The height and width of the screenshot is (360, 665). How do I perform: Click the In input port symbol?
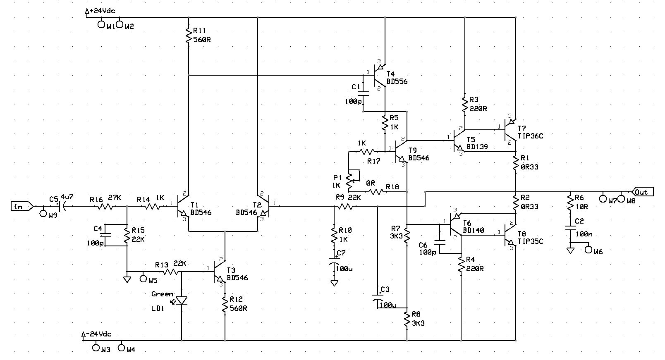tap(22, 206)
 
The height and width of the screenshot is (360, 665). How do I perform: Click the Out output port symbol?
tap(643, 192)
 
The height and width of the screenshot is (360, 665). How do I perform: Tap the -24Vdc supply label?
tap(98, 334)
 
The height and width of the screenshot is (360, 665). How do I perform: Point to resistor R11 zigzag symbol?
tap(188, 36)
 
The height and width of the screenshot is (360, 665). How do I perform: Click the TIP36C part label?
tap(530, 136)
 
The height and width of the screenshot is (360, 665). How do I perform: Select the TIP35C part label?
tap(530, 241)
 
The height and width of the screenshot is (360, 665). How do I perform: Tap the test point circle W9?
tap(43, 213)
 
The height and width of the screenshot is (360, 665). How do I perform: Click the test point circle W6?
tap(588, 250)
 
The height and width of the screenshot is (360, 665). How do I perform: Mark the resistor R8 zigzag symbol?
tap(407, 319)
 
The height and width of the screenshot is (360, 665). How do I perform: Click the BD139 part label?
tap(477, 147)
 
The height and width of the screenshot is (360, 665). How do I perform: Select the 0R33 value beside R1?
tap(529, 167)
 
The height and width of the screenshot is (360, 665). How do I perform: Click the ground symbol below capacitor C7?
tap(334, 283)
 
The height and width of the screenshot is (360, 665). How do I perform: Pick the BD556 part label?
tap(397, 81)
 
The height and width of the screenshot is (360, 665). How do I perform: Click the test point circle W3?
tap(96, 347)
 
